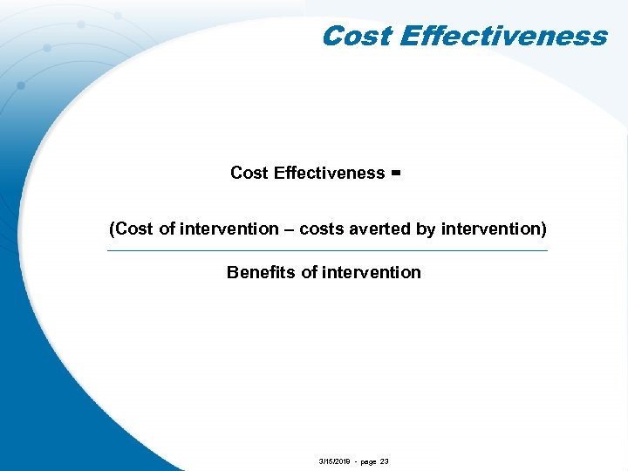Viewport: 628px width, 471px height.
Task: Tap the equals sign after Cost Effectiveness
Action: pyautogui.click(x=395, y=173)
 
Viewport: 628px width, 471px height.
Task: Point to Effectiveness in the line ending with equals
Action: pyautogui.click(x=329, y=173)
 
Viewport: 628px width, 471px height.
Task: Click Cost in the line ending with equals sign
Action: pyautogui.click(x=249, y=173)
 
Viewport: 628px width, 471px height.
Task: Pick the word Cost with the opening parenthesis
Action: pyautogui.click(x=130, y=229)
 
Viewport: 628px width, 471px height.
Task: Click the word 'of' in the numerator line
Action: pyautogui.click(x=167, y=229)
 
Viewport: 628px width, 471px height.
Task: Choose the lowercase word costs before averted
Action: pyautogui.click(x=320, y=229)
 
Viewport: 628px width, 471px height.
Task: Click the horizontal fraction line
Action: pyautogui.click(x=326, y=251)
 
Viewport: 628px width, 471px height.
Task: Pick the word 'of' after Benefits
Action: pyautogui.click(x=309, y=272)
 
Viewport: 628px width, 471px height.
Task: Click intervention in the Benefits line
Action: pyautogui.click(x=372, y=272)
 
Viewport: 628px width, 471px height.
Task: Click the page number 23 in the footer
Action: pyautogui.click(x=385, y=461)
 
